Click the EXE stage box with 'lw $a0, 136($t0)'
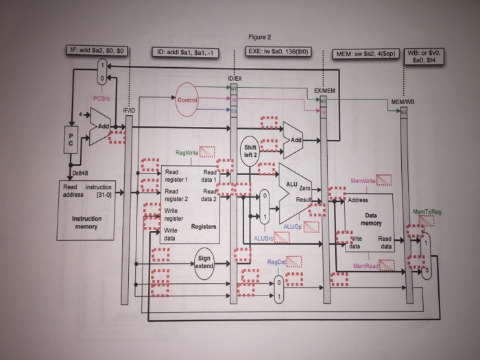point(280,51)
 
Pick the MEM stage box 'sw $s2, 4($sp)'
point(366,53)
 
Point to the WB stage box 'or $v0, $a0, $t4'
point(425,56)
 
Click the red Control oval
point(187,101)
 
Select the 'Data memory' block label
point(371,219)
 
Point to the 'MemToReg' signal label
point(427,212)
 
